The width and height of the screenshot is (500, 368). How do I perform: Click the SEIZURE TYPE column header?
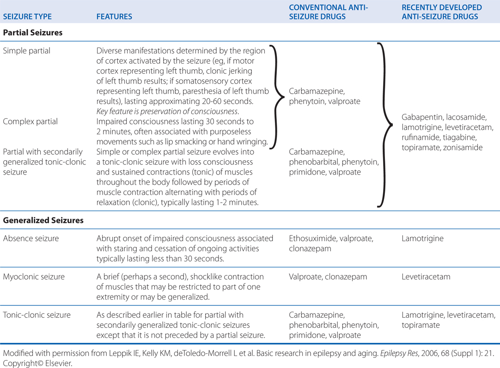coord(27,17)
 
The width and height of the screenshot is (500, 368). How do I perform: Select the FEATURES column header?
coord(114,17)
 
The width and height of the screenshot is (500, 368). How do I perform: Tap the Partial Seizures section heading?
coord(33,33)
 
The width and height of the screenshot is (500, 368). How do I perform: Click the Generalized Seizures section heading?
coord(43,220)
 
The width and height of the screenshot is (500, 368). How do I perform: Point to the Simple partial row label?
coord(27,51)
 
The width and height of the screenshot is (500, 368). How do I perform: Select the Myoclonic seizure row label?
coord(34,277)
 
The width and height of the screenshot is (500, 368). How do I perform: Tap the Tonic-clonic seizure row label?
coord(37,315)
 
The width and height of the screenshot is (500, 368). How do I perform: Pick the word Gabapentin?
coord(421,117)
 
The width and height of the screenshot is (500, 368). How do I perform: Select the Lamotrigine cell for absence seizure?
coord(422,239)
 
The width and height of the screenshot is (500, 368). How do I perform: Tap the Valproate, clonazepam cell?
coord(328,277)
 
